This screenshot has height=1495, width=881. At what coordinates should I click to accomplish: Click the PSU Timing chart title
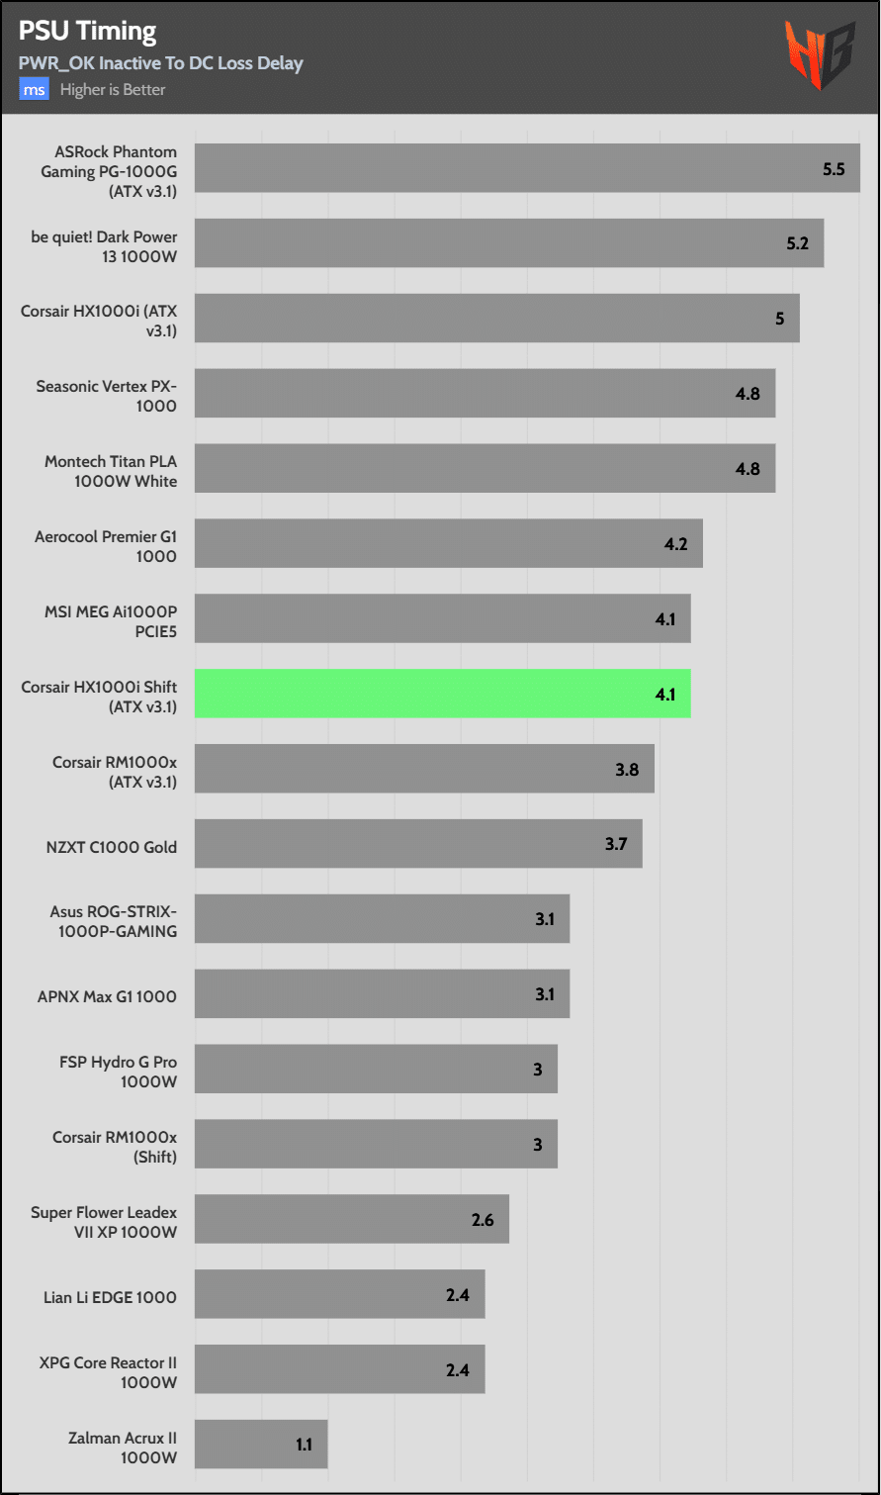[x=87, y=32]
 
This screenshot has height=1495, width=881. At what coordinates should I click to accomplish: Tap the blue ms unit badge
[x=34, y=90]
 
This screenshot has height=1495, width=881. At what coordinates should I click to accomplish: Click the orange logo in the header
[x=820, y=55]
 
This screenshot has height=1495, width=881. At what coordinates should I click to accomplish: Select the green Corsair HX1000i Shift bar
[x=442, y=694]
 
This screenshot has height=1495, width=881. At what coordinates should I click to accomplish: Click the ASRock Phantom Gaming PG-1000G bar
[x=526, y=168]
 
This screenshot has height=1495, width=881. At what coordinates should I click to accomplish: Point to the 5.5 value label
[x=834, y=169]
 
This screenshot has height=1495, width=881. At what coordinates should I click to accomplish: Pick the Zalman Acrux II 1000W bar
[x=261, y=1445]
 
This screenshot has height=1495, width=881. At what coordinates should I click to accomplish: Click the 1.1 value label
[x=304, y=1446]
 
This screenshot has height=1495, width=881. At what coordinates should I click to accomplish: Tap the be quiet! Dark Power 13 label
[x=104, y=246]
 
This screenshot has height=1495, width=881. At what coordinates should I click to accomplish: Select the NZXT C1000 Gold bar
[x=418, y=844]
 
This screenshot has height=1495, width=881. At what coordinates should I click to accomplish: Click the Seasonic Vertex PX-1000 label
[x=106, y=396]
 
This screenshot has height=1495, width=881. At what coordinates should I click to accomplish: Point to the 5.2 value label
[x=797, y=244]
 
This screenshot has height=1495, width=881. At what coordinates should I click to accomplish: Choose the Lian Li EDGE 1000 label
[x=110, y=1297]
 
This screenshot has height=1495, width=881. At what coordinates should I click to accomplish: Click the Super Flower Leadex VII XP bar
[x=351, y=1219]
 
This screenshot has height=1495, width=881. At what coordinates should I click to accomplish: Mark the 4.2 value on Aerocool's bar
[x=675, y=544]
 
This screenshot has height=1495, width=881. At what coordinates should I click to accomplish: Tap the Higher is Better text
[x=113, y=90]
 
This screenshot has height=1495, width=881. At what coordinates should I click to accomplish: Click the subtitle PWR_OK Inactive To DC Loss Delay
[x=160, y=63]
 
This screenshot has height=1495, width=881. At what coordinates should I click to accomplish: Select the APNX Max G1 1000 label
[x=107, y=996]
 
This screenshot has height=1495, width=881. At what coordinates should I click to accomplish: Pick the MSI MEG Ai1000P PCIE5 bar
[x=442, y=618]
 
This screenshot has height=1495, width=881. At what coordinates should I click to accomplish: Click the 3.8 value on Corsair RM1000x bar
[x=627, y=770]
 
